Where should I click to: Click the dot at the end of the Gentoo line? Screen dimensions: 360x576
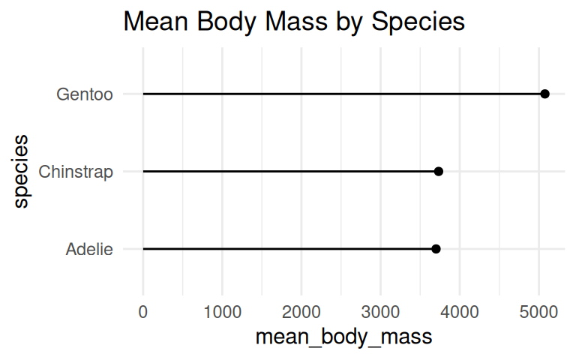544,94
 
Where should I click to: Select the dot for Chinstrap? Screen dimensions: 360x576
439,172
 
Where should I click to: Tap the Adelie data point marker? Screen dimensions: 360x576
436,249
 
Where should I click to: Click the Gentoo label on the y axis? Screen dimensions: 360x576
85,94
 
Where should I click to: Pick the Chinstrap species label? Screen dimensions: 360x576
76,172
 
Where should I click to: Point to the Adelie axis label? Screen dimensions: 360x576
89,250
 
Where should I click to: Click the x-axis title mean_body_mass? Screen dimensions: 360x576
343,337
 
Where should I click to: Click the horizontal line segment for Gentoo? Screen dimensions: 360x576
337,94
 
